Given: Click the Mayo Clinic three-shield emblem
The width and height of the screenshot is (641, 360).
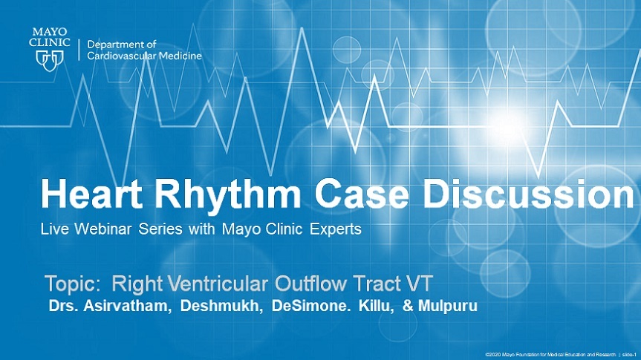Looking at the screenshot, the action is (x=50, y=60).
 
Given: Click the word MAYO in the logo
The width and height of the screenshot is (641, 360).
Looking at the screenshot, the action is (x=50, y=32).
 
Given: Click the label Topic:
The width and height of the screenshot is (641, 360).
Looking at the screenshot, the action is (x=72, y=284).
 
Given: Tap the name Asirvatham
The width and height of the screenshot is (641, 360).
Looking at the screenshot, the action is (x=127, y=306).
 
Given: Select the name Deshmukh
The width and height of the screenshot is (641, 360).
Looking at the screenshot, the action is (x=221, y=306).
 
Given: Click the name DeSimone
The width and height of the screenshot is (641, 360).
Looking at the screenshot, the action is (x=311, y=306).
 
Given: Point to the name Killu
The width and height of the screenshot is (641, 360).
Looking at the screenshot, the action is (x=376, y=306).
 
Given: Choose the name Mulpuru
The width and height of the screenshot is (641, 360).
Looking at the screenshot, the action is (x=448, y=306).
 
